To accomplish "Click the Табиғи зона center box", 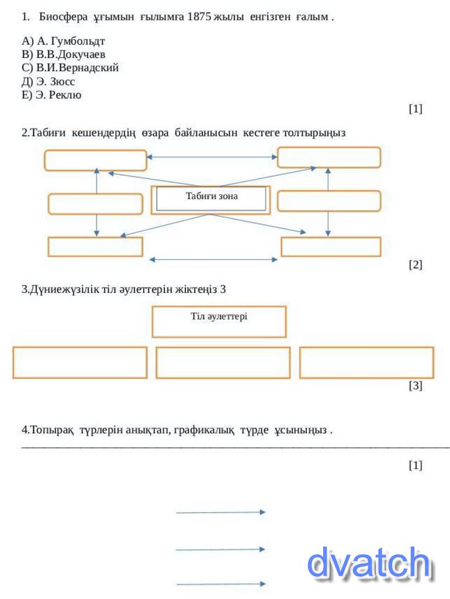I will point(211,199).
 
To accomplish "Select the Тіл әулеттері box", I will point(219,321).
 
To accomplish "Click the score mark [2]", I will point(415,265).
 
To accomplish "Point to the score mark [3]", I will point(415,386).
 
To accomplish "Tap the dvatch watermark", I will point(369,563).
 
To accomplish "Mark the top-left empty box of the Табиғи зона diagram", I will point(95,160).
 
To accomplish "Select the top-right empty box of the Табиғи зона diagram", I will point(328,157).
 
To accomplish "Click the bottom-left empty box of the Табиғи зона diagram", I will point(95,247).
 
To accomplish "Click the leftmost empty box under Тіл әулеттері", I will point(79,362).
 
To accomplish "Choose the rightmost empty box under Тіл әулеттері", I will point(366,362).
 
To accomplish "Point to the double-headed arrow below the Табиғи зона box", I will point(213,259).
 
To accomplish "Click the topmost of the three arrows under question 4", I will point(220,513).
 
